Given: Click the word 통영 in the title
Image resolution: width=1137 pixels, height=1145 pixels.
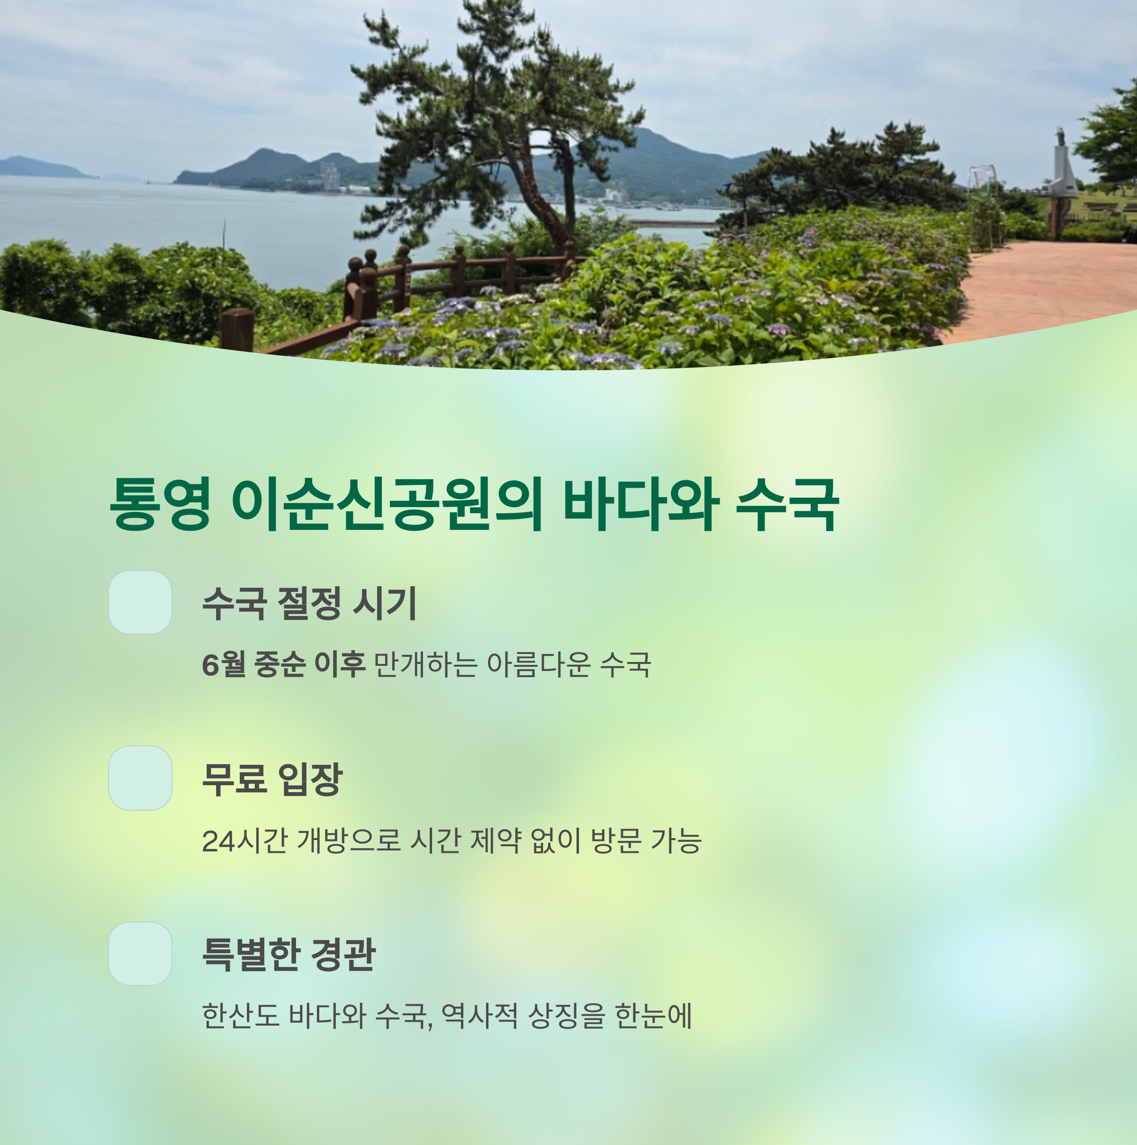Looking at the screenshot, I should tap(160, 504).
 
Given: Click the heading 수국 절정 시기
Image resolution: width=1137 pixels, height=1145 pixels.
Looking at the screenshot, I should tap(309, 603).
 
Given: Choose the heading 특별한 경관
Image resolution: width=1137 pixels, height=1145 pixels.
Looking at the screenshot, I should tap(289, 954).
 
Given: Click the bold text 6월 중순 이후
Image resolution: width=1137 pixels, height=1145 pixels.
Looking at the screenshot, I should tap(283, 664).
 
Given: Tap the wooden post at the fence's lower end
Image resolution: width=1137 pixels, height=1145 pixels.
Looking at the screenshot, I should tap(237, 330).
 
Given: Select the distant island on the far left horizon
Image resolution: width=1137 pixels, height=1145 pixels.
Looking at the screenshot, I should tap(42, 168).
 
